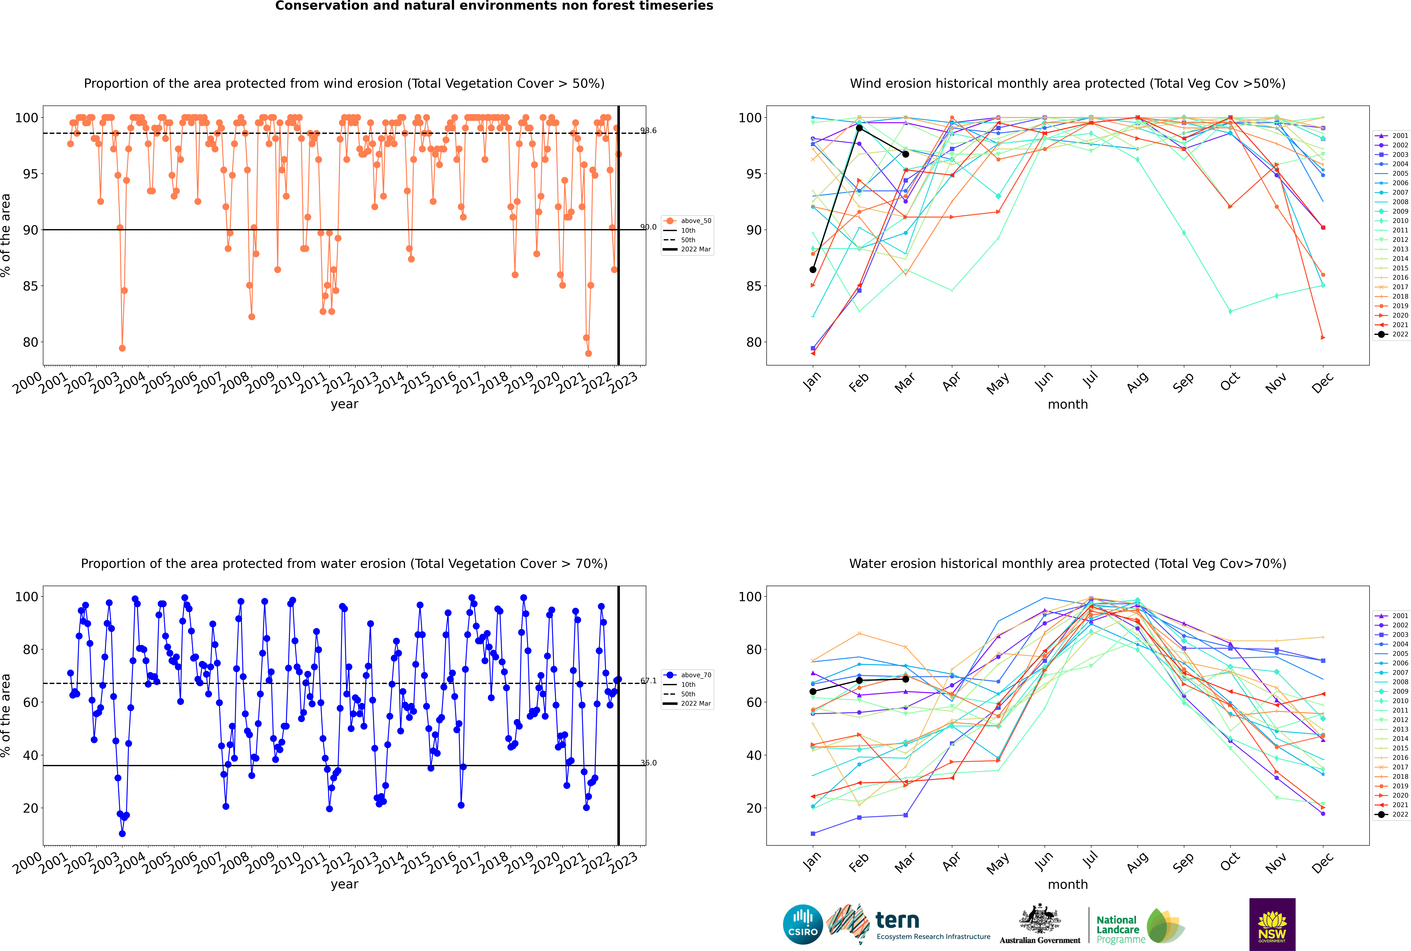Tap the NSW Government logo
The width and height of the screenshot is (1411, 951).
[1272, 924]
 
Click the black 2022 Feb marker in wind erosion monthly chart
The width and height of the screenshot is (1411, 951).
[859, 128]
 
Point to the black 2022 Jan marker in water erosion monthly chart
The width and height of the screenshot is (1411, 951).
[813, 691]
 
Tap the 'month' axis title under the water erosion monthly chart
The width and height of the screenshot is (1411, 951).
[1068, 884]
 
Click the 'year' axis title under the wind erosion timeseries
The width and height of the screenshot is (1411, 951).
[345, 404]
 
